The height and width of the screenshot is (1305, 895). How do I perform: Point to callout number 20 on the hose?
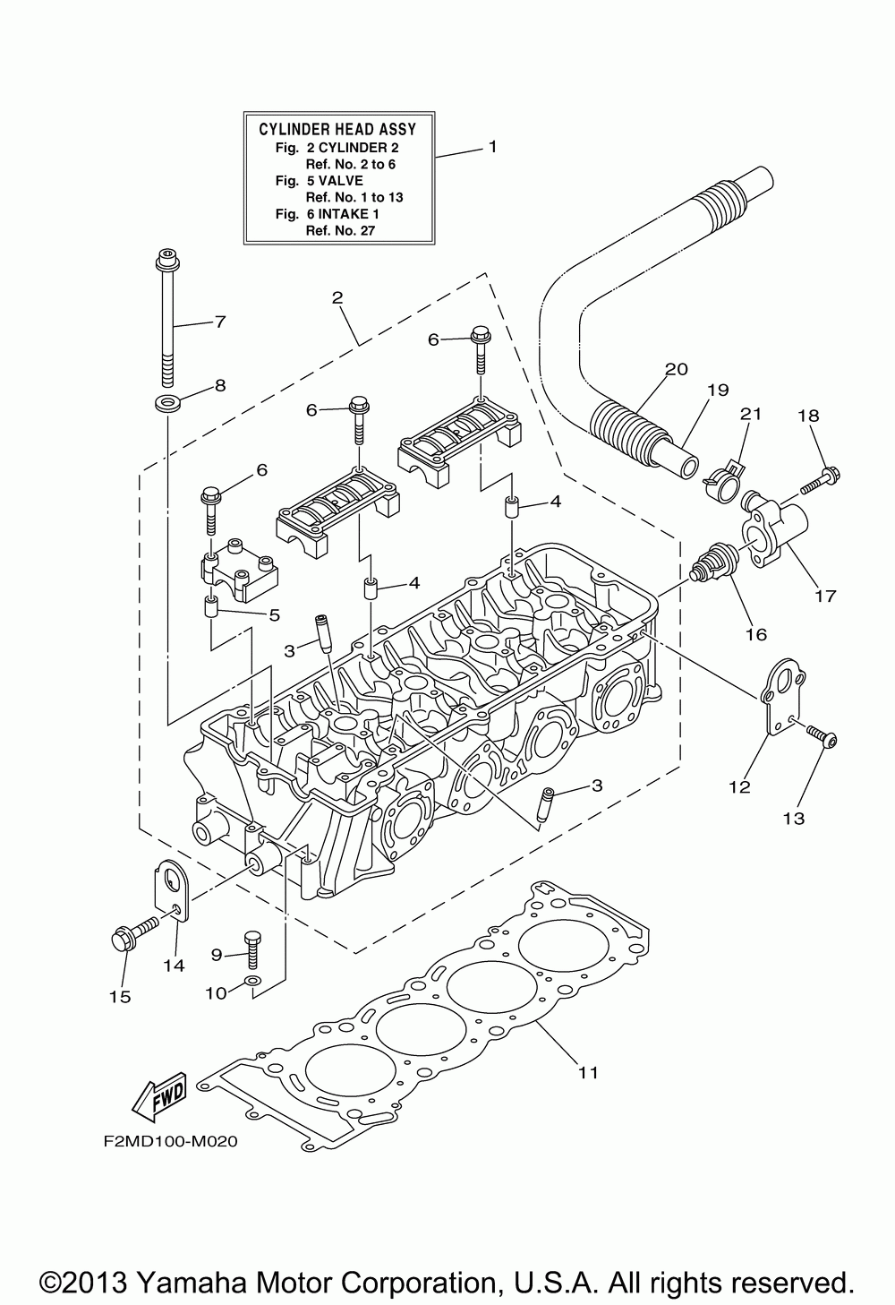(676, 369)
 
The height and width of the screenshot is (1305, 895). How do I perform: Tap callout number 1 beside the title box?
(491, 146)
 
